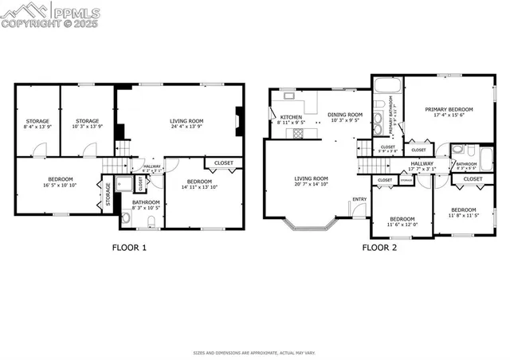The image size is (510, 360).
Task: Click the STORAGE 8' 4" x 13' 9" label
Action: pos(37,123)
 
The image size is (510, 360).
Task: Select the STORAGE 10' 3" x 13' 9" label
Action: pos(87,123)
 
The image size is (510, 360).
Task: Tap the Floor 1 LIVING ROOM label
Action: pos(186,123)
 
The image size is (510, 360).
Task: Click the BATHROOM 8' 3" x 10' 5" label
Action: pos(146,205)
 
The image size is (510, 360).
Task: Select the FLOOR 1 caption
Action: pos(128,247)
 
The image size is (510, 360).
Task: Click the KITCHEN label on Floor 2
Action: pos(290,120)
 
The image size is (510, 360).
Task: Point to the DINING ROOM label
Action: pos(344,117)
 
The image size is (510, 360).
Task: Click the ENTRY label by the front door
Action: pos(359,199)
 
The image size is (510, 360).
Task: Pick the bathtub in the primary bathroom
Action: pos(388,86)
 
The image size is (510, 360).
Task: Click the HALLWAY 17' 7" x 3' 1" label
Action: pos(422,166)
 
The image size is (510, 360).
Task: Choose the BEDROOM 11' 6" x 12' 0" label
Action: pos(402,221)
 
